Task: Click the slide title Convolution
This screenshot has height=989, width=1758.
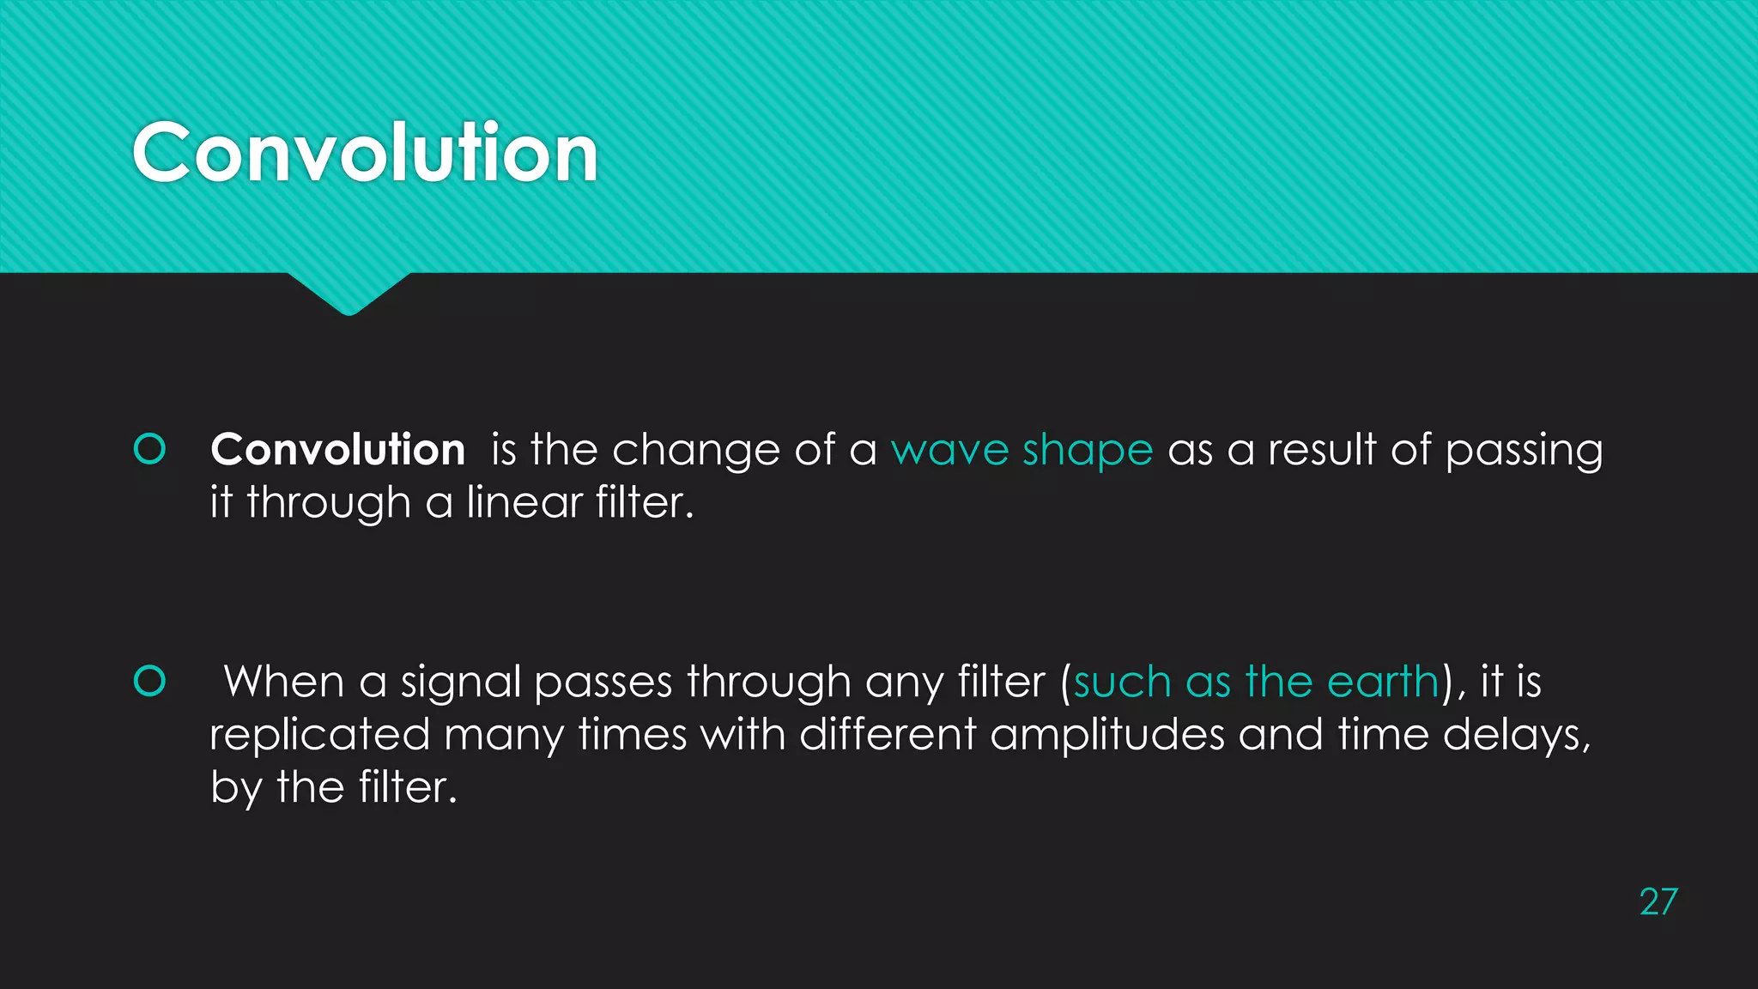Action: (x=365, y=153)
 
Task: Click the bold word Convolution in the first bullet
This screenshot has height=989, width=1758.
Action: (x=337, y=450)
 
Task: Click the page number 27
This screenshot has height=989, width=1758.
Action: (x=1658, y=902)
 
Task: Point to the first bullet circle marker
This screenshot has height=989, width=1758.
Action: (x=150, y=449)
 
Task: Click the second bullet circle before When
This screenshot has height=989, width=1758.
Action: (x=150, y=681)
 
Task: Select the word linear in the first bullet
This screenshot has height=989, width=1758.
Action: (x=524, y=502)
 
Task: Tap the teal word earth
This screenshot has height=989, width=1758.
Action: (x=1383, y=682)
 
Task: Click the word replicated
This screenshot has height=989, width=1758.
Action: (x=319, y=735)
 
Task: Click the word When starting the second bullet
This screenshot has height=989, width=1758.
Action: (x=283, y=682)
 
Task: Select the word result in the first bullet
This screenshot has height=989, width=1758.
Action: (x=1322, y=450)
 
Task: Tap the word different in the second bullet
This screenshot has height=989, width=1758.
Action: (x=888, y=735)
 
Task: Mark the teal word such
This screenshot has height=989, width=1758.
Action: (x=1122, y=682)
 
